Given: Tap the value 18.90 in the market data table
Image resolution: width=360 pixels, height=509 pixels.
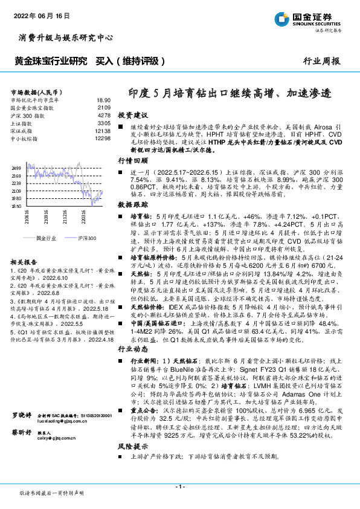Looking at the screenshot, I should pyautogui.click(x=103, y=100).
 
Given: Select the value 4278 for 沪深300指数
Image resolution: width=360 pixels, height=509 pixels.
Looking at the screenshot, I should pyautogui.click(x=103, y=114).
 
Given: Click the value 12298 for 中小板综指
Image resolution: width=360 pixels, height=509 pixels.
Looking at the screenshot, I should pyautogui.click(x=102, y=138).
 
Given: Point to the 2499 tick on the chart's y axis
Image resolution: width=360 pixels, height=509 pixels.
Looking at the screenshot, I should pyautogui.click(x=17, y=167).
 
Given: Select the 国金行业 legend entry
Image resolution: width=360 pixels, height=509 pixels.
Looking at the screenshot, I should pyautogui.click(x=48, y=239).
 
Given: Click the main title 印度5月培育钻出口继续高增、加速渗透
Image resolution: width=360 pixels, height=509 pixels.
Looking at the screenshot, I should pyautogui.click(x=230, y=94).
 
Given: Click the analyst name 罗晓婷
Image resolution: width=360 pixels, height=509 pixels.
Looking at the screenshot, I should pyautogui.click(x=22, y=432).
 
